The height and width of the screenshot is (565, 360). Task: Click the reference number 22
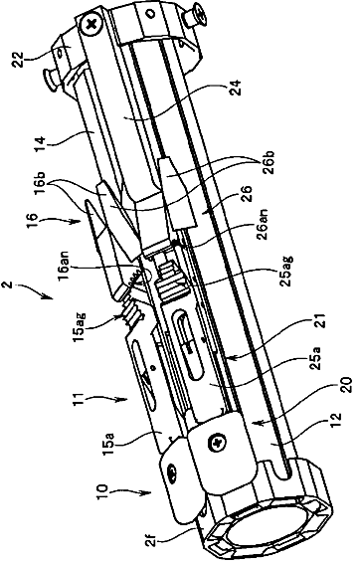point(18,59)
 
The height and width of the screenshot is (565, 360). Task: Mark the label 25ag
point(287,271)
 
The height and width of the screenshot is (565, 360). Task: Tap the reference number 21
point(322,321)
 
